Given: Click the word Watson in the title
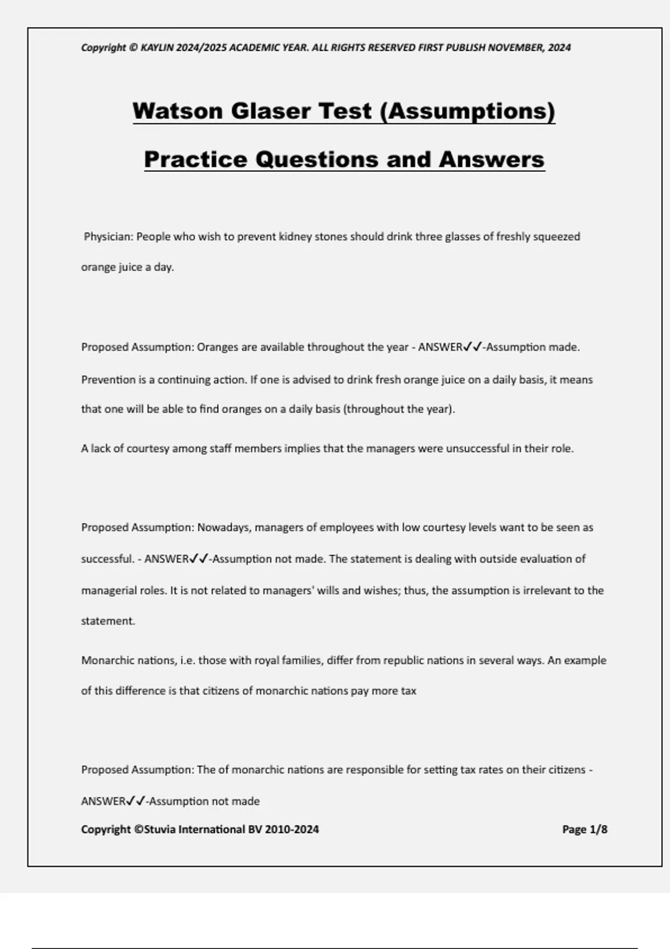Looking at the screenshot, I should click(x=178, y=111).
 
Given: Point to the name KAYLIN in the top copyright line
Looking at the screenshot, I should click(x=157, y=47).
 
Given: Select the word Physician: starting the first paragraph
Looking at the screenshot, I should click(x=109, y=237).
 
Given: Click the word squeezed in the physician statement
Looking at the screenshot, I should click(x=556, y=237).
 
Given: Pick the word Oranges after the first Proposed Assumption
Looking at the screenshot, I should click(x=218, y=347).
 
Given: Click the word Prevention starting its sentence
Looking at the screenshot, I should click(x=108, y=380).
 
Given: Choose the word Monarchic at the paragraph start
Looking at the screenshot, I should click(x=108, y=660).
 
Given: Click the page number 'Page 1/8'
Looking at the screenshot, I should click(x=585, y=830).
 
